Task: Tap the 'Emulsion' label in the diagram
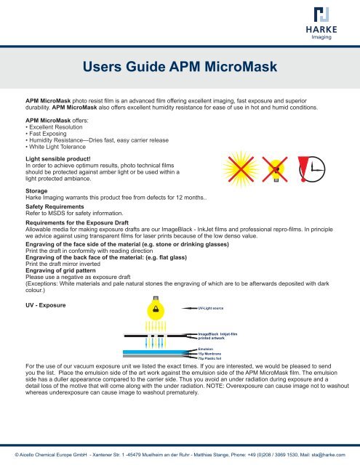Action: coord(207,348)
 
